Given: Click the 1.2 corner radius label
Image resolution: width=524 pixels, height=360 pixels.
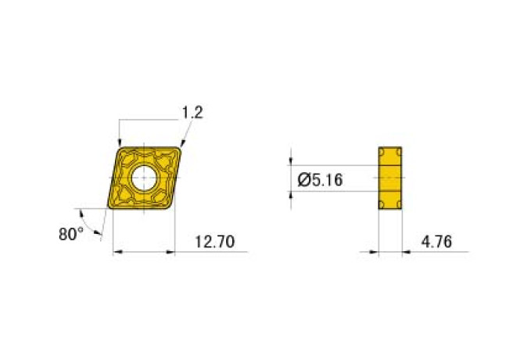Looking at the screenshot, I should point(192,113).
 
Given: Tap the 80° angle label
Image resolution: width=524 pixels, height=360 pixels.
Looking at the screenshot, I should point(71,234).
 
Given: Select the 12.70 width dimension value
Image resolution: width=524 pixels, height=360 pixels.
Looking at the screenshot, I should point(214,242).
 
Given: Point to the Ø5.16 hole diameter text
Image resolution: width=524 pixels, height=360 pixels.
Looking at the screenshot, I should point(321,181).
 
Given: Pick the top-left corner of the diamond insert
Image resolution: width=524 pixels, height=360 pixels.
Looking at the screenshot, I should point(120,147).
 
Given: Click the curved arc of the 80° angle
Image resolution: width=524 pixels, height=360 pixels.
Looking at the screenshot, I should point(95,227).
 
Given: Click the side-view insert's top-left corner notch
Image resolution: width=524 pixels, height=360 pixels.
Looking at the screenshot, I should point(381,149).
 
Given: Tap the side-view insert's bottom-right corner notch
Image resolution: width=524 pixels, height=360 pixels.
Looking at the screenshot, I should point(400,206).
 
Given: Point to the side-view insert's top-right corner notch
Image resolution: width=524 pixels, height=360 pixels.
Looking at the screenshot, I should point(400,149).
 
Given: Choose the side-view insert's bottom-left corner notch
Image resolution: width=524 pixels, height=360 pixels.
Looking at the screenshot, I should point(381,206).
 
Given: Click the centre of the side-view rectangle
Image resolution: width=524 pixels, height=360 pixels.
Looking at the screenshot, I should point(390,178).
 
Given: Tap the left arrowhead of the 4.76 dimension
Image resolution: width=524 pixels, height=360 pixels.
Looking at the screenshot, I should point(374,252).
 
